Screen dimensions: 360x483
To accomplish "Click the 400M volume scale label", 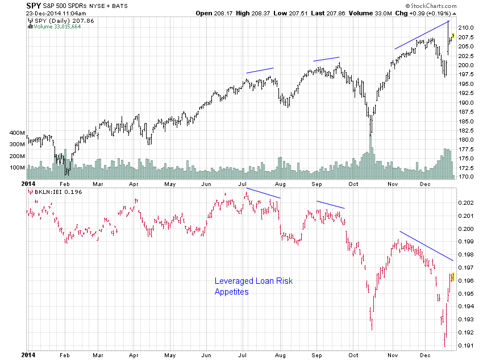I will (17, 133).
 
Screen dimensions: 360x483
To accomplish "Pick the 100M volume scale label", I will (17, 168).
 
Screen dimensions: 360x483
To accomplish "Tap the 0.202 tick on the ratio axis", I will (466, 202).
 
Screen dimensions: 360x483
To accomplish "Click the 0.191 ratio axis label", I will (466, 346).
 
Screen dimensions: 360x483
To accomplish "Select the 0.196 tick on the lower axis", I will (466, 281).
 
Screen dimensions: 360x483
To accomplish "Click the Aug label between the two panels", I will (280, 184).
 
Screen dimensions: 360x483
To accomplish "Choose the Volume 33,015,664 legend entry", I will (59, 26).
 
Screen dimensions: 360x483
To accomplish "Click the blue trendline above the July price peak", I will (260, 70).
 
